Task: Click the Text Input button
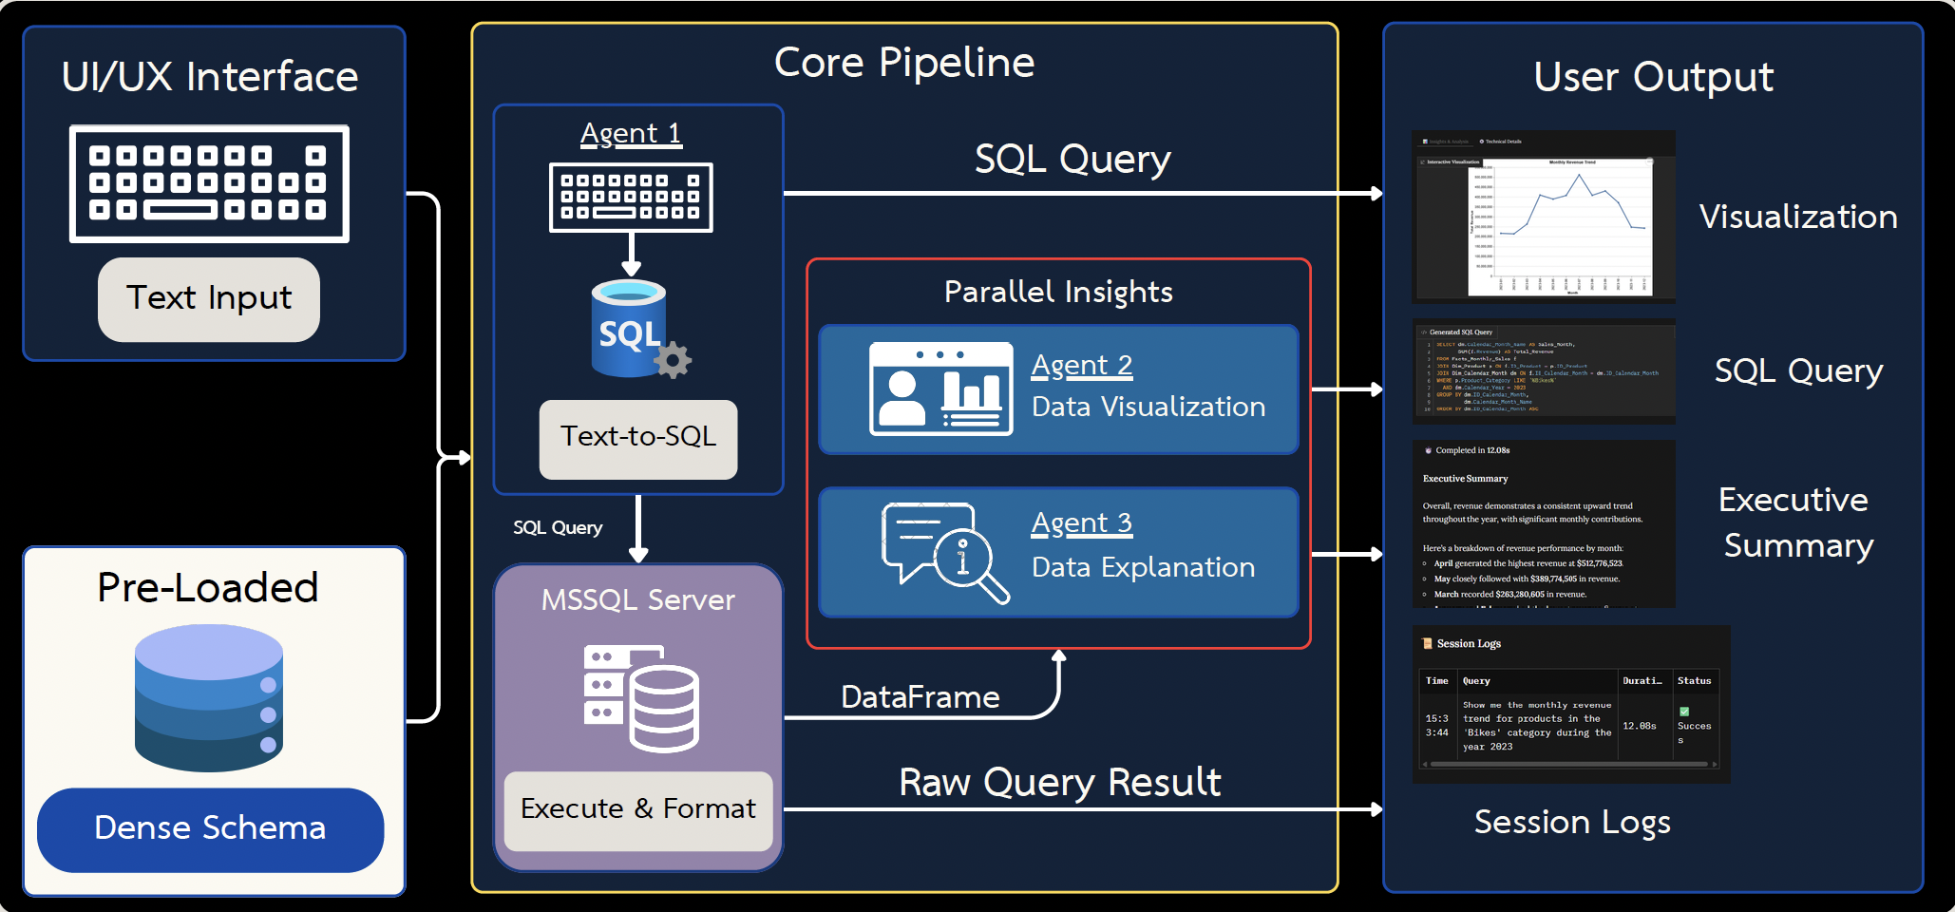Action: coord(209,299)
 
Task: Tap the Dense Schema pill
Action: coord(210,829)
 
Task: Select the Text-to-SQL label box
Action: coord(638,438)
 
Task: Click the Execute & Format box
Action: coord(638,809)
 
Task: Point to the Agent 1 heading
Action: coord(631,134)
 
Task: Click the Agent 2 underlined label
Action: coord(1082,366)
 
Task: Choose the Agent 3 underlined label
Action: coord(1082,523)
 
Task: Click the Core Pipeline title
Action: coord(904,64)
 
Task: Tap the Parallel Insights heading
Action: coord(1058,293)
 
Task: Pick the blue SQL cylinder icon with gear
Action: coord(635,330)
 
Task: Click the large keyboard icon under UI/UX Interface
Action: coord(209,183)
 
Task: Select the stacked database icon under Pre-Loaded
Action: coord(209,697)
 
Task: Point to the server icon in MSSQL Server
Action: coord(640,698)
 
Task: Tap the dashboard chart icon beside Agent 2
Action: coord(940,389)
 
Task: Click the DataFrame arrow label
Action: coord(920,698)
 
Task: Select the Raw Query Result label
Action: coord(1059,783)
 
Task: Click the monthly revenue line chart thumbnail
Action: coord(1560,228)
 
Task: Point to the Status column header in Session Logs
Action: coord(1694,681)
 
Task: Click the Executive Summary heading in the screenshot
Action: coord(1465,479)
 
